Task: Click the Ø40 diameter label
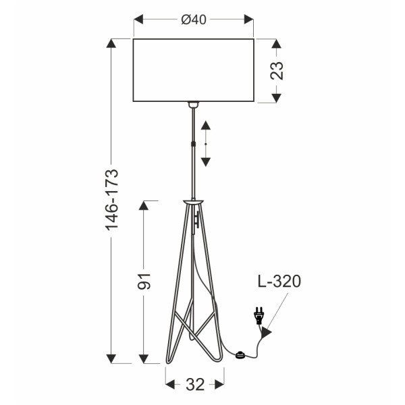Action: [194, 20]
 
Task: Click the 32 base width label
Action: [194, 385]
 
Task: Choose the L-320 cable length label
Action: [278, 281]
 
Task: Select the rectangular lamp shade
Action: [194, 70]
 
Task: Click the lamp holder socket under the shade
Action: [194, 105]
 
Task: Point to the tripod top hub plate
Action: [193, 201]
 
